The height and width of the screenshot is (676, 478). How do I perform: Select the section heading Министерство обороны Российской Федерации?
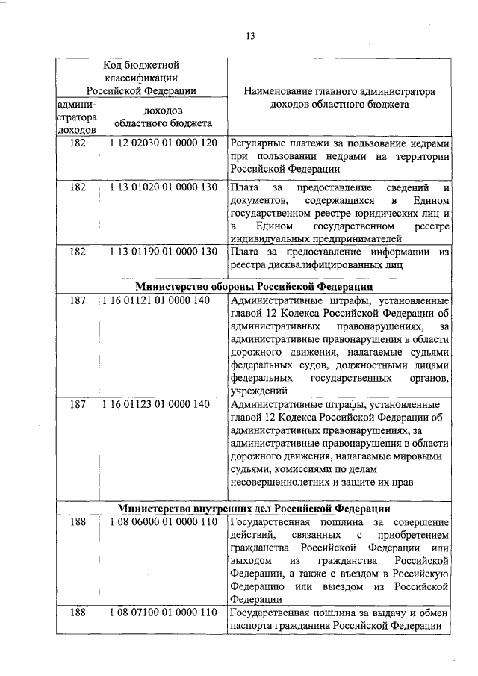[254, 286]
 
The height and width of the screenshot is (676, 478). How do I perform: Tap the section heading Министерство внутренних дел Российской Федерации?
[254, 508]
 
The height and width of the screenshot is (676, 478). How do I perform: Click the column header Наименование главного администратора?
[339, 91]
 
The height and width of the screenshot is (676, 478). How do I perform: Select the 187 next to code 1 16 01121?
[78, 300]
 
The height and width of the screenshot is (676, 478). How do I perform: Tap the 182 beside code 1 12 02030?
[78, 142]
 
